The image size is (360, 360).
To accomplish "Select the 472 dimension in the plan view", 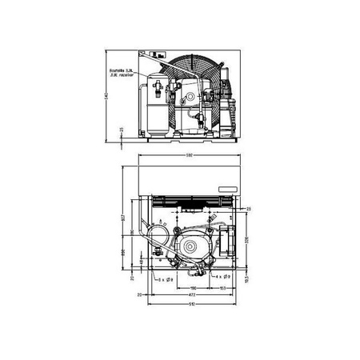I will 189,294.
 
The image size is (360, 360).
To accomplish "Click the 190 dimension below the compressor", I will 194,285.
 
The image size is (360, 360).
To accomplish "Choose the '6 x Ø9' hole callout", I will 167,278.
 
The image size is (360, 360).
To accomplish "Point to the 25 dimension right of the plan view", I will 248,208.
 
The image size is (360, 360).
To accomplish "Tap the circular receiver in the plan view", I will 158,237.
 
